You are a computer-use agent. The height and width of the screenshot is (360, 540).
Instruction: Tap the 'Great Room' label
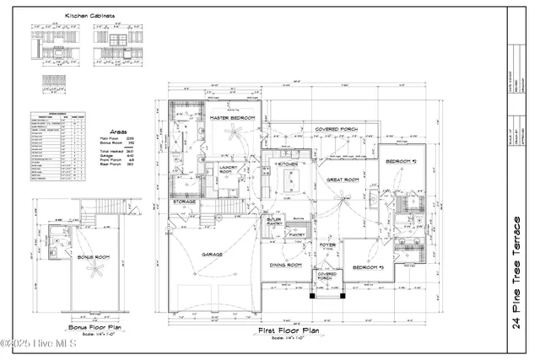(344, 179)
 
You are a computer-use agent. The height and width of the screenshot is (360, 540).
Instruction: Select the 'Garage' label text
(211, 253)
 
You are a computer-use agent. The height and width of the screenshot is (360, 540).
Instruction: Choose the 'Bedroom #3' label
(369, 267)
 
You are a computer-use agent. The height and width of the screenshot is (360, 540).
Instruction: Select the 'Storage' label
(185, 201)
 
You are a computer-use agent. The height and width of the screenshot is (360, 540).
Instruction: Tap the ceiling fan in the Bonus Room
(97, 270)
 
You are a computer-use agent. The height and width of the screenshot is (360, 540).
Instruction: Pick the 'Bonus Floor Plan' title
(95, 327)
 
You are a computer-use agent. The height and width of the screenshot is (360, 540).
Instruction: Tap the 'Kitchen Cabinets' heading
(90, 16)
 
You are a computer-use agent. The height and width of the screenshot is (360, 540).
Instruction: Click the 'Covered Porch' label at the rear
(336, 130)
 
